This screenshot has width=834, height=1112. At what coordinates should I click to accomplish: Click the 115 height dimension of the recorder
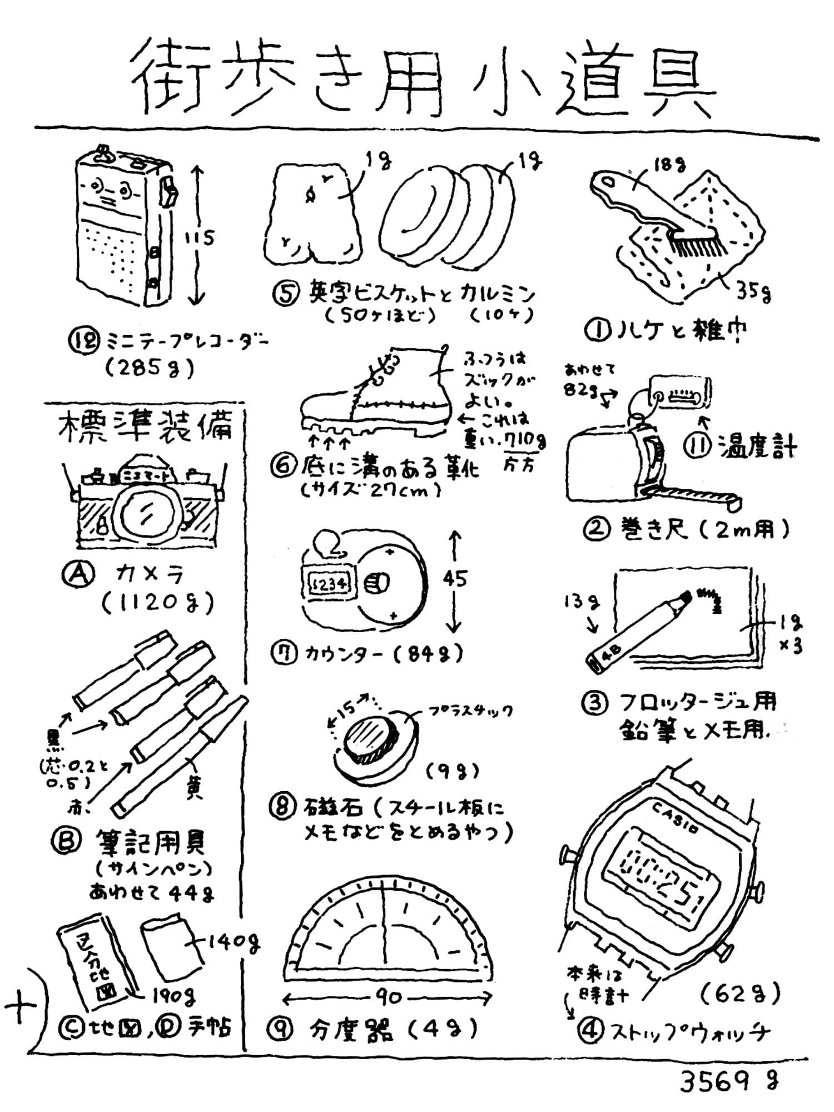(198, 239)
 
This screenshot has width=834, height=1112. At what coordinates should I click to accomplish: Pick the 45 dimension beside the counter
(455, 579)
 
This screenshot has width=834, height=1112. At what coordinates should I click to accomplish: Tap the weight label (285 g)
(150, 367)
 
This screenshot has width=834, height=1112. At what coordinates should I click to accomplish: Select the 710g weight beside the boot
(525, 441)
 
